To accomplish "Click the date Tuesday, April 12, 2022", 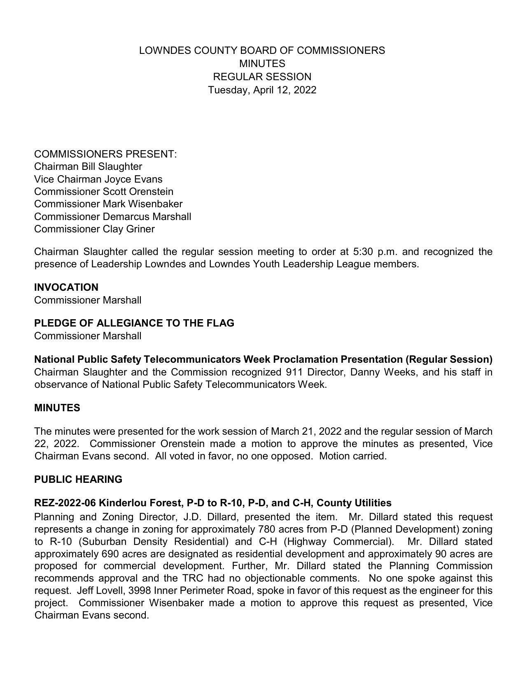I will point(262,90).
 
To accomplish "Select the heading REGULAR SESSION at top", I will point(262,77).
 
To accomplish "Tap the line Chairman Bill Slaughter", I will point(88,167).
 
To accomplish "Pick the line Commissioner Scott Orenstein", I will point(104,192).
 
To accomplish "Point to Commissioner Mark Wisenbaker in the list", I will point(108,204).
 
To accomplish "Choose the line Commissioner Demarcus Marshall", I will point(112,216).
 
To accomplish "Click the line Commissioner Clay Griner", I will point(94,229).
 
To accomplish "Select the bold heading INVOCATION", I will point(66,287).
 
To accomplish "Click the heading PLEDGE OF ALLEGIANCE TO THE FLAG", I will point(134,323).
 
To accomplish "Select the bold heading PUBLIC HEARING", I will point(78,480).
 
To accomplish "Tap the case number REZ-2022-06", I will point(65,503).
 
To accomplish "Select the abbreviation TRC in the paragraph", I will point(192,578).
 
